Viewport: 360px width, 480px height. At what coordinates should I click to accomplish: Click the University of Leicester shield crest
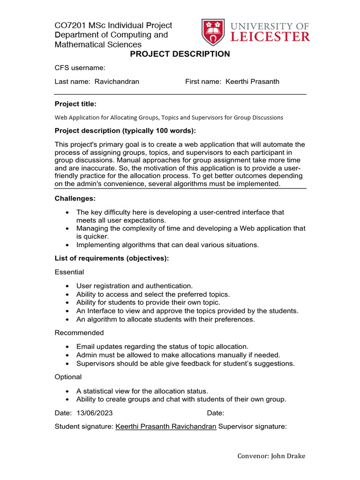coord(213,32)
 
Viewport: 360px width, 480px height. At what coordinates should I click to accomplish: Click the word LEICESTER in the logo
coord(270,37)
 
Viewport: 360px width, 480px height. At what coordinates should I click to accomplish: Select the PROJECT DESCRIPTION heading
coord(180,54)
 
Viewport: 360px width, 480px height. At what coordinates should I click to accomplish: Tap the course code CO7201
coord(70,25)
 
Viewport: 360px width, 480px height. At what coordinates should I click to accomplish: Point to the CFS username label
coord(80,68)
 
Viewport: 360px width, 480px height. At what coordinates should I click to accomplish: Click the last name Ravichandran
coord(117,82)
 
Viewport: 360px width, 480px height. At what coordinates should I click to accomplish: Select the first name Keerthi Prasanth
coord(252,82)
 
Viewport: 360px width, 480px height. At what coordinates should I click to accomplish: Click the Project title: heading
coord(75,104)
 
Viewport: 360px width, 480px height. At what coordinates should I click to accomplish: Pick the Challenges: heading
coord(75,199)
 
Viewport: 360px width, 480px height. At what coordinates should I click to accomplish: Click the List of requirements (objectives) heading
coord(112,258)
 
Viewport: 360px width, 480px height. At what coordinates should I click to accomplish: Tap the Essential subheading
coord(69,272)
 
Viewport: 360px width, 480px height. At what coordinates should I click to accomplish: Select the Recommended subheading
coord(79,332)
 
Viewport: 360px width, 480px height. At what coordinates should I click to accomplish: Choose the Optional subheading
coord(68,377)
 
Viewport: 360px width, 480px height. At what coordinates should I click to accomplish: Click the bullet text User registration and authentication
coord(135,285)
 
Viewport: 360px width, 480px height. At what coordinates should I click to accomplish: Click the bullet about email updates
coord(162,346)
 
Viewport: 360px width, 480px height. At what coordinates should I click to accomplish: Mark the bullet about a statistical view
coord(142,390)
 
